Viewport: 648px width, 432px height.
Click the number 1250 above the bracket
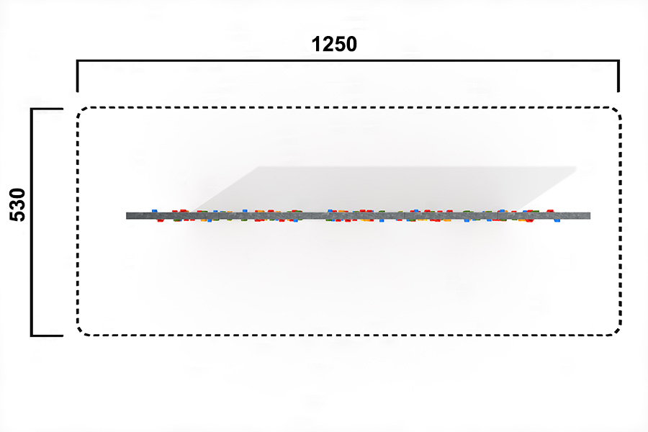point(334,44)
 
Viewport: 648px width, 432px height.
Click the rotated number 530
point(18,204)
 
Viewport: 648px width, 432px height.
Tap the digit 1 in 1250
point(316,44)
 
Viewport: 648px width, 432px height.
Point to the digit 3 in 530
point(18,204)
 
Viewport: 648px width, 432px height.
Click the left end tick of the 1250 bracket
point(77,76)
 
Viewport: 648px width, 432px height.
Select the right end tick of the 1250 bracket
point(618,76)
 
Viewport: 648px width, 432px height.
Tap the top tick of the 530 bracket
point(47,109)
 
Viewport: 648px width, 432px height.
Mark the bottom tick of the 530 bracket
point(47,336)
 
